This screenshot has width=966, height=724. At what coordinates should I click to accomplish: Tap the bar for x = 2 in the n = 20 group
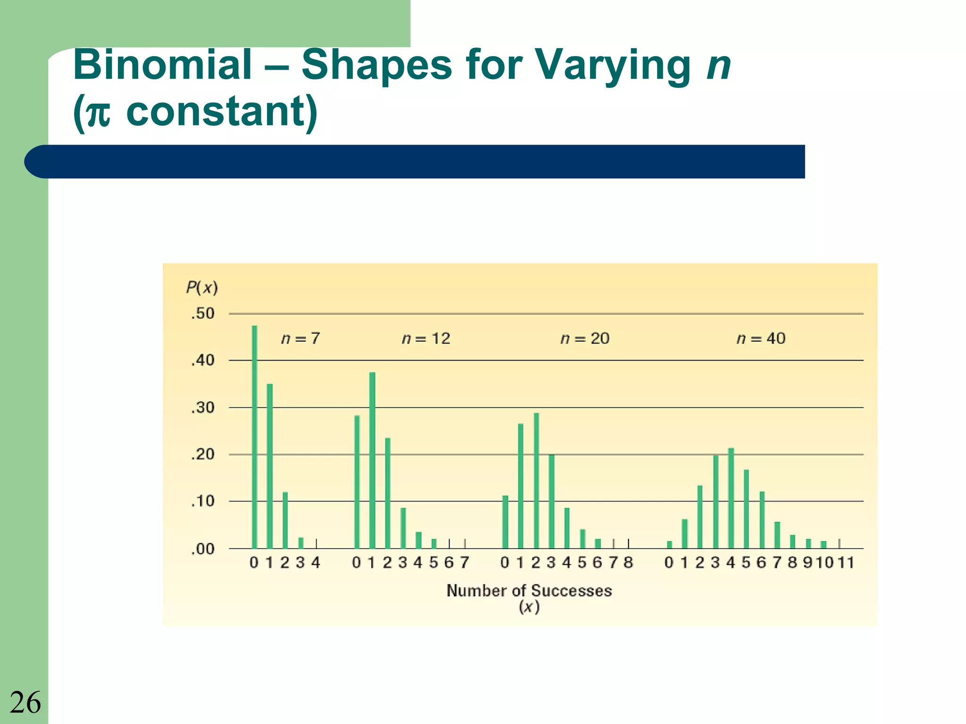tap(536, 481)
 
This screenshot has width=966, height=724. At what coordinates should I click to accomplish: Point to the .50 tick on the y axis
tap(203, 313)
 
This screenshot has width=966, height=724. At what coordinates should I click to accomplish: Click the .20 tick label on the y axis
tap(203, 454)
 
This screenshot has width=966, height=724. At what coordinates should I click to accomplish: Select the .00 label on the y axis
tap(203, 549)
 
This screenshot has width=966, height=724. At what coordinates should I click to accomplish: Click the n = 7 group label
tap(300, 338)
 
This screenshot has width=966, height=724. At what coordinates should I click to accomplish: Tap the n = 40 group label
tap(761, 338)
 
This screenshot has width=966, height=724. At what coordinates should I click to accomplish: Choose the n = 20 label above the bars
tap(585, 338)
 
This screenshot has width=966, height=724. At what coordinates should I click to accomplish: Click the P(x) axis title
tap(202, 287)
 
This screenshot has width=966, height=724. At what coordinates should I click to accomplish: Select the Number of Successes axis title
tap(529, 591)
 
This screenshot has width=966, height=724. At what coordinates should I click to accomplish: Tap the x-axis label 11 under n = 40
tap(846, 562)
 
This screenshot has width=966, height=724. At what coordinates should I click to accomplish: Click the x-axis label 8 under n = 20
tap(628, 562)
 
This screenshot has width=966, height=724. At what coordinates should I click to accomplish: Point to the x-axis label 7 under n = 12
tap(464, 562)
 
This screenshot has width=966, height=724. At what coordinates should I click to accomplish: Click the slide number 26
tap(25, 702)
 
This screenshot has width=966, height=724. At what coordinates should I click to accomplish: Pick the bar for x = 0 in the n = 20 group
tap(505, 522)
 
